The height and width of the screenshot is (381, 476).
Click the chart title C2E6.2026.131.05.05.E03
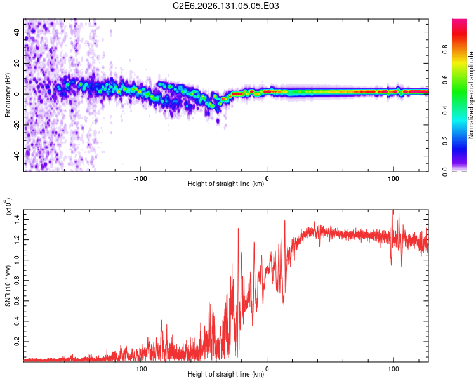[225, 6]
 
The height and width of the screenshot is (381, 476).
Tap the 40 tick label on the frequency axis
[17, 32]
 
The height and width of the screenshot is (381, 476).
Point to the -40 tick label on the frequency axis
[17, 155]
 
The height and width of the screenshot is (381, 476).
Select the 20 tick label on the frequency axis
[17, 63]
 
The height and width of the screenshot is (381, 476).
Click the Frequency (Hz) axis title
[8, 95]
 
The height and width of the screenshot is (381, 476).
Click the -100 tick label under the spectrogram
[140, 178]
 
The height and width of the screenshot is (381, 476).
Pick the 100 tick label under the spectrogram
[393, 178]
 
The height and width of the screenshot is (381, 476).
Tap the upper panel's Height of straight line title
[226, 184]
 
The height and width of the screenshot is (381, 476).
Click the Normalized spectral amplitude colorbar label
[471, 95]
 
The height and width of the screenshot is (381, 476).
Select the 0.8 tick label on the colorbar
[445, 50]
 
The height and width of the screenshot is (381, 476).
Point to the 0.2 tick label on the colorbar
[445, 141]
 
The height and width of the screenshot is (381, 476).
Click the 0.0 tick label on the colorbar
[445, 171]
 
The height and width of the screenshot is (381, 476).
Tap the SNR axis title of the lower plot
[8, 286]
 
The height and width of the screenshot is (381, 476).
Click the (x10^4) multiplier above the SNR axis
[8, 206]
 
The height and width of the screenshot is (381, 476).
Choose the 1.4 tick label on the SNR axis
[17, 219]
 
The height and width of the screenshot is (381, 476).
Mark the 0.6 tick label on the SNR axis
[17, 301]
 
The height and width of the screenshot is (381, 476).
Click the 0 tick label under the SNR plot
[267, 369]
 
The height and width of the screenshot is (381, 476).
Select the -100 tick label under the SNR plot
[140, 369]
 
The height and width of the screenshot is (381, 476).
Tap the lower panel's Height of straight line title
[226, 374]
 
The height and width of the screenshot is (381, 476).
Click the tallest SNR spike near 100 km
[392, 210]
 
